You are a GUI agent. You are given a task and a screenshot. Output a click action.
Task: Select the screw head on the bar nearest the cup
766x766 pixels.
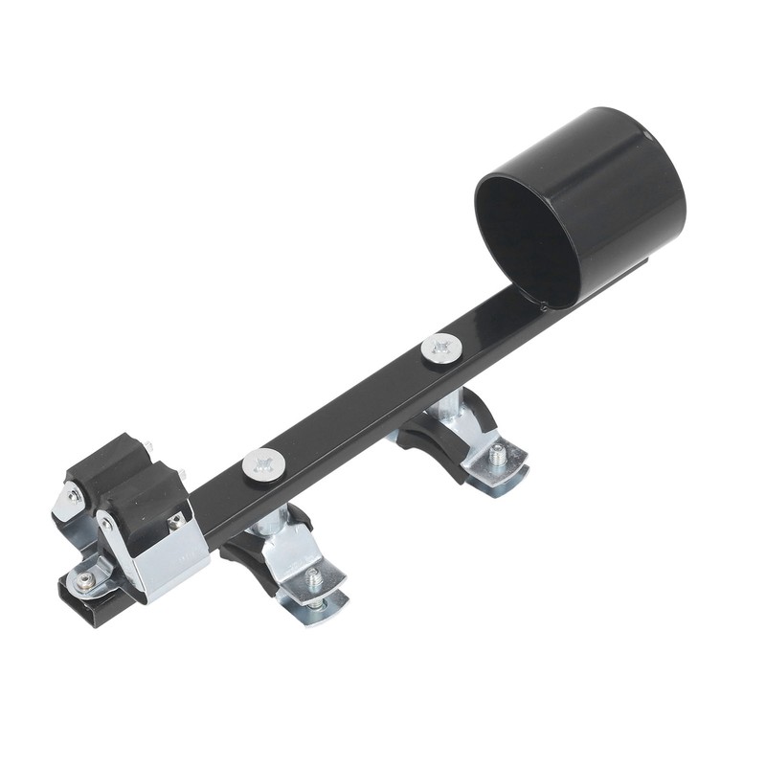pyautogui.click(x=440, y=349)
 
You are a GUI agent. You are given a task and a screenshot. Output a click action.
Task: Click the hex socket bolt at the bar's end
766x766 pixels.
pyautogui.click(x=84, y=581)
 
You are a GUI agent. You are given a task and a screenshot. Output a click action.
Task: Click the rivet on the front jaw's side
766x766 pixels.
pyautogui.click(x=106, y=525)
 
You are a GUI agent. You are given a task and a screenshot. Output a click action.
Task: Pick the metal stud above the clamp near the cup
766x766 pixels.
pyautogui.click(x=446, y=407)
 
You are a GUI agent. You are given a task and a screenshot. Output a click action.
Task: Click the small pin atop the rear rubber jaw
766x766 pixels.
pyautogui.click(x=146, y=446)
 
